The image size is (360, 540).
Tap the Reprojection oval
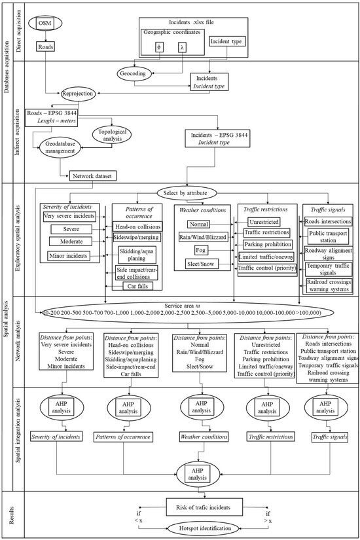point(85,93)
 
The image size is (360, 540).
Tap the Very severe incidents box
point(67,215)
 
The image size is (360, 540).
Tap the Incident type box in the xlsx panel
point(226,41)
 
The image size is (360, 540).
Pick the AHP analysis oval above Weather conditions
point(199,409)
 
